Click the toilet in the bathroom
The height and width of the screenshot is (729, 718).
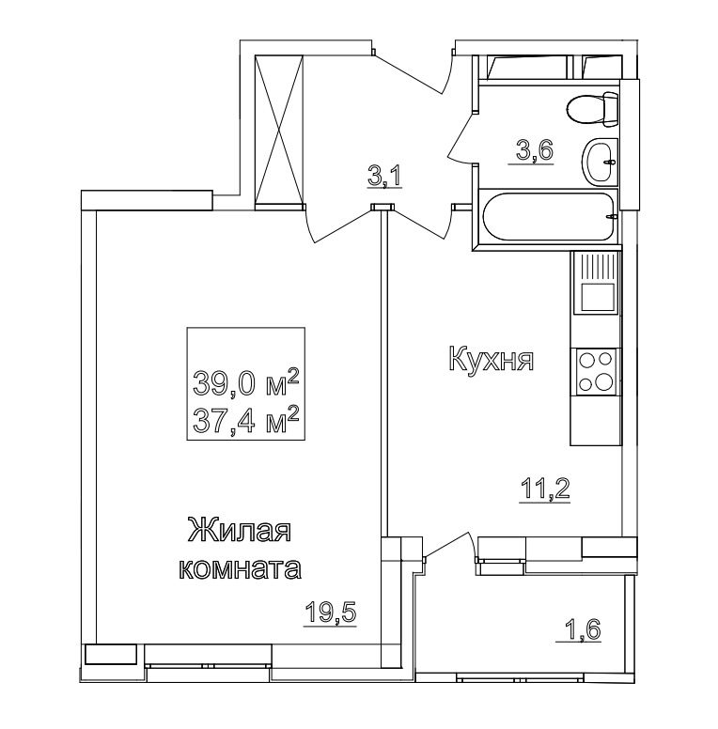[592, 109]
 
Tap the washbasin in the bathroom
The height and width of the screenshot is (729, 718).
[600, 161]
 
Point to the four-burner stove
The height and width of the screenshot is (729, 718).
[595, 371]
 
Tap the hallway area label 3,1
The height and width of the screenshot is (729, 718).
[384, 177]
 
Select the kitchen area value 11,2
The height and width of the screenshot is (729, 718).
[545, 490]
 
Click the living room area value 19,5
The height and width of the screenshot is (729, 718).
[330, 613]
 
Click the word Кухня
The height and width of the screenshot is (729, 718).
[492, 360]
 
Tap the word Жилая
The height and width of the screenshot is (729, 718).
[240, 531]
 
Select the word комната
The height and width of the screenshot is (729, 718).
[240, 568]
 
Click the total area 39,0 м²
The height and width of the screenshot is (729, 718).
[245, 383]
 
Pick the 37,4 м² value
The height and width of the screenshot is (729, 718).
[245, 419]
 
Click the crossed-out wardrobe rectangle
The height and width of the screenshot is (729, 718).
[279, 130]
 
